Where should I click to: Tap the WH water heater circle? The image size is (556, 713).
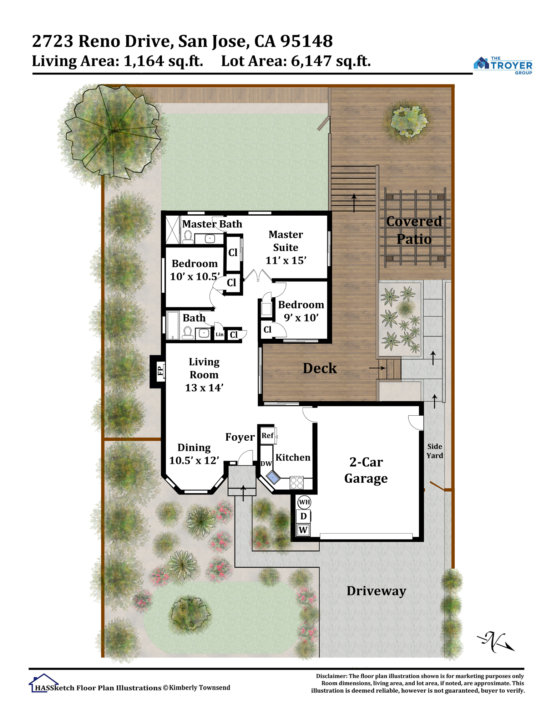tap(304, 502)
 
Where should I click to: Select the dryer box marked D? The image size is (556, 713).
tap(303, 516)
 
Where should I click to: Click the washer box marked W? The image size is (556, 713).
tap(303, 530)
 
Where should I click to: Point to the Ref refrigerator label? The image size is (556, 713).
tap(268, 435)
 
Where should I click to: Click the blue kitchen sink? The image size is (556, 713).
tap(273, 477)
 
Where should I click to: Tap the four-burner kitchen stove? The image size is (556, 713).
tap(297, 483)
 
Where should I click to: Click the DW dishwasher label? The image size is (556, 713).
tap(266, 463)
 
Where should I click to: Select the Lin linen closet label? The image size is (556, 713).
tap(219, 334)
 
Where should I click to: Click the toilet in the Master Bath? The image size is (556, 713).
tap(188, 237)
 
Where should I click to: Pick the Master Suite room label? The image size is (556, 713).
tap(286, 247)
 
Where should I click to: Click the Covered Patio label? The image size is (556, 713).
tap(414, 230)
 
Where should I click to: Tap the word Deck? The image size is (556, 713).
tap(320, 368)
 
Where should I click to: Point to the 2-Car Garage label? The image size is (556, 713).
tap(366, 470)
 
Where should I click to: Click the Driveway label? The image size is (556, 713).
tap(376, 591)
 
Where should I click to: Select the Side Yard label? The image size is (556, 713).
tap(435, 451)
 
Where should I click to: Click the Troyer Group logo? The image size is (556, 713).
tap(503, 65)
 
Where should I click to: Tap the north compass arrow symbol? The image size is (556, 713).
tap(496, 642)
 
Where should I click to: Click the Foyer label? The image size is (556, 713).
tap(240, 437)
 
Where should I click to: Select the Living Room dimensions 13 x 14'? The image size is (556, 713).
tap(204, 388)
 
